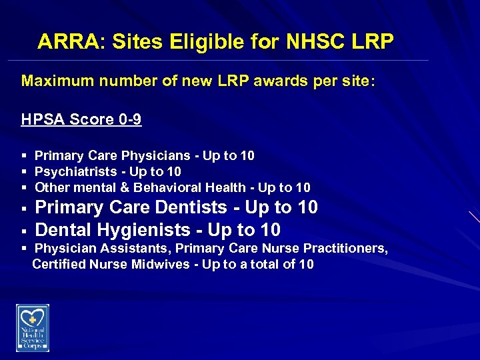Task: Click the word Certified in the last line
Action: [58, 264]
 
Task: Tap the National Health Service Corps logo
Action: [33, 328]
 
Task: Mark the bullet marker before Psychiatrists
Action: [24, 172]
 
